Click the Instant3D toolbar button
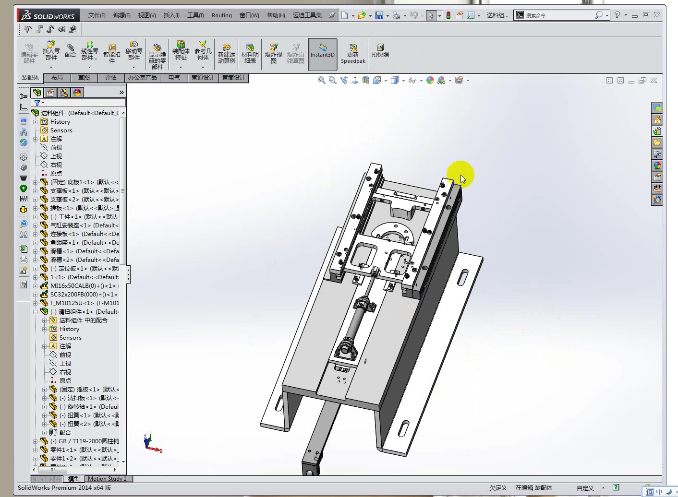pos(322,54)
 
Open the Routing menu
pos(221,15)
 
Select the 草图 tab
pos(84,78)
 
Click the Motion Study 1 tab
pos(107,479)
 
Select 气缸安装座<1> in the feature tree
pos(85,225)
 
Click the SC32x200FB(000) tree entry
pos(84,295)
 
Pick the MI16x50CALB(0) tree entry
pos(83,286)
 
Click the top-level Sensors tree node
pos(61,130)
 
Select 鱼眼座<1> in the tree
pos(85,243)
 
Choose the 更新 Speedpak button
pos(353,54)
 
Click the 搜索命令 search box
pos(557,15)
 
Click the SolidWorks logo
pos(48,15)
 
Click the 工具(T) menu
pos(195,15)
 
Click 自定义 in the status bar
pos(585,488)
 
